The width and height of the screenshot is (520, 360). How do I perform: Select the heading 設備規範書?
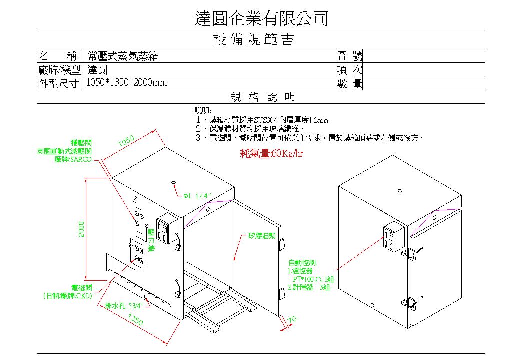point(253,39)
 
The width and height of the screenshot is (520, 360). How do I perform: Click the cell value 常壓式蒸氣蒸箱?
point(123,56)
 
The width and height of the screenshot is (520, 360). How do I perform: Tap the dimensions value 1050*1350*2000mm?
point(127,83)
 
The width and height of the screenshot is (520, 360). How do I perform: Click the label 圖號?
point(350,56)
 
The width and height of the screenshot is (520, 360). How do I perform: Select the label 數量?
point(350,84)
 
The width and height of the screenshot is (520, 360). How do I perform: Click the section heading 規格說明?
point(262,97)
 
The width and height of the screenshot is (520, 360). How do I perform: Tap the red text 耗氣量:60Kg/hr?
point(272,153)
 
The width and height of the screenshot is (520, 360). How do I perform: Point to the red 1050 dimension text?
point(126,142)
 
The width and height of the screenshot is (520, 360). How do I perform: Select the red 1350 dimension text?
point(136,320)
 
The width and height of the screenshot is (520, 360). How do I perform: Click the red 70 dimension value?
point(293,318)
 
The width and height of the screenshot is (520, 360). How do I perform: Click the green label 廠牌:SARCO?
point(73,160)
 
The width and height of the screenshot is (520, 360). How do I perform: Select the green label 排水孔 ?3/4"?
point(124,305)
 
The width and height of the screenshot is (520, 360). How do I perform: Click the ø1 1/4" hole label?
point(198,196)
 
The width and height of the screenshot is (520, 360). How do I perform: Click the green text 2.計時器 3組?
point(308,287)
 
